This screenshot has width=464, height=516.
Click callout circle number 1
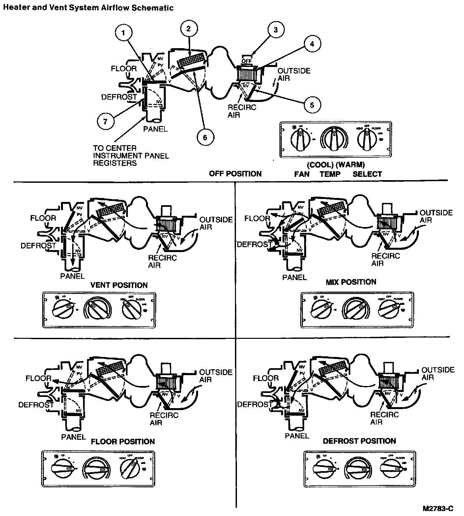(124, 33)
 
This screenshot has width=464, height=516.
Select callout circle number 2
(188, 29)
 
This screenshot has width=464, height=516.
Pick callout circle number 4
(312, 43)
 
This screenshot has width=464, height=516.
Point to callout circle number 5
(312, 105)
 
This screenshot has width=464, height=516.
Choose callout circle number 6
(205, 137)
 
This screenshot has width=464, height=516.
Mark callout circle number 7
(105, 121)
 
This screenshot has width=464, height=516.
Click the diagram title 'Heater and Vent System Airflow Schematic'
(88, 8)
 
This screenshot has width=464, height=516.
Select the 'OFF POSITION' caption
(235, 174)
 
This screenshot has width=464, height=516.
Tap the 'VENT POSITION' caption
(119, 285)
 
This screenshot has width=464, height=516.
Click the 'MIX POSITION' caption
(351, 282)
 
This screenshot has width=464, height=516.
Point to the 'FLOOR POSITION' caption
(123, 441)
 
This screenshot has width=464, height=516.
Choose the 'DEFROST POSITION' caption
(359, 441)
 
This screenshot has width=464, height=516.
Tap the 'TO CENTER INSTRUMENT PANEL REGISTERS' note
(131, 155)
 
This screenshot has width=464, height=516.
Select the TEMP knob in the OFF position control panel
(334, 139)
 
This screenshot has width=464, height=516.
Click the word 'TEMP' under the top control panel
(330, 174)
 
